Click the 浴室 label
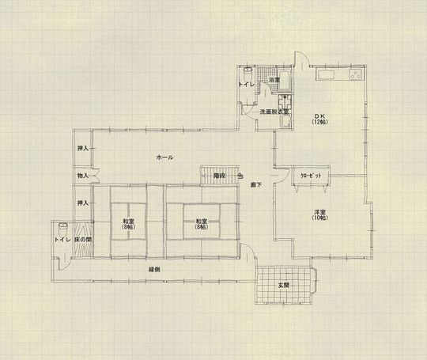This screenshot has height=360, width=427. [x=274, y=81]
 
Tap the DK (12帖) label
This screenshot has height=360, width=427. [x=319, y=119]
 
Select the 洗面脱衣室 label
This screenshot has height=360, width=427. [x=275, y=112]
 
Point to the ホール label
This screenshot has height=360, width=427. [x=164, y=157]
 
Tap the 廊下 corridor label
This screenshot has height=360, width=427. [x=255, y=184]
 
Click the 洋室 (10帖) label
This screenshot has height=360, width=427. [x=319, y=215]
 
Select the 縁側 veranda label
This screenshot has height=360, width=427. [x=155, y=270]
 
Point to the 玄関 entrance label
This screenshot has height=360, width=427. [x=283, y=285]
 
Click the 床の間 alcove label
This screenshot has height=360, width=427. [x=84, y=238]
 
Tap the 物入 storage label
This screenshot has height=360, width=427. [x=82, y=175]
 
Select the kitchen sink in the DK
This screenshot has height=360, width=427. [x=327, y=76]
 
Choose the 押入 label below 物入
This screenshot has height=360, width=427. [x=82, y=203]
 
